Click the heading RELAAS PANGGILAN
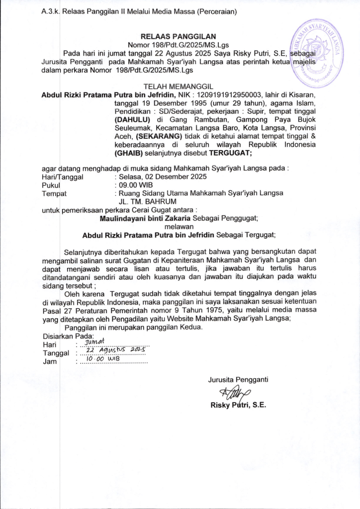[179, 36]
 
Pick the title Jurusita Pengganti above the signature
[238, 380]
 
